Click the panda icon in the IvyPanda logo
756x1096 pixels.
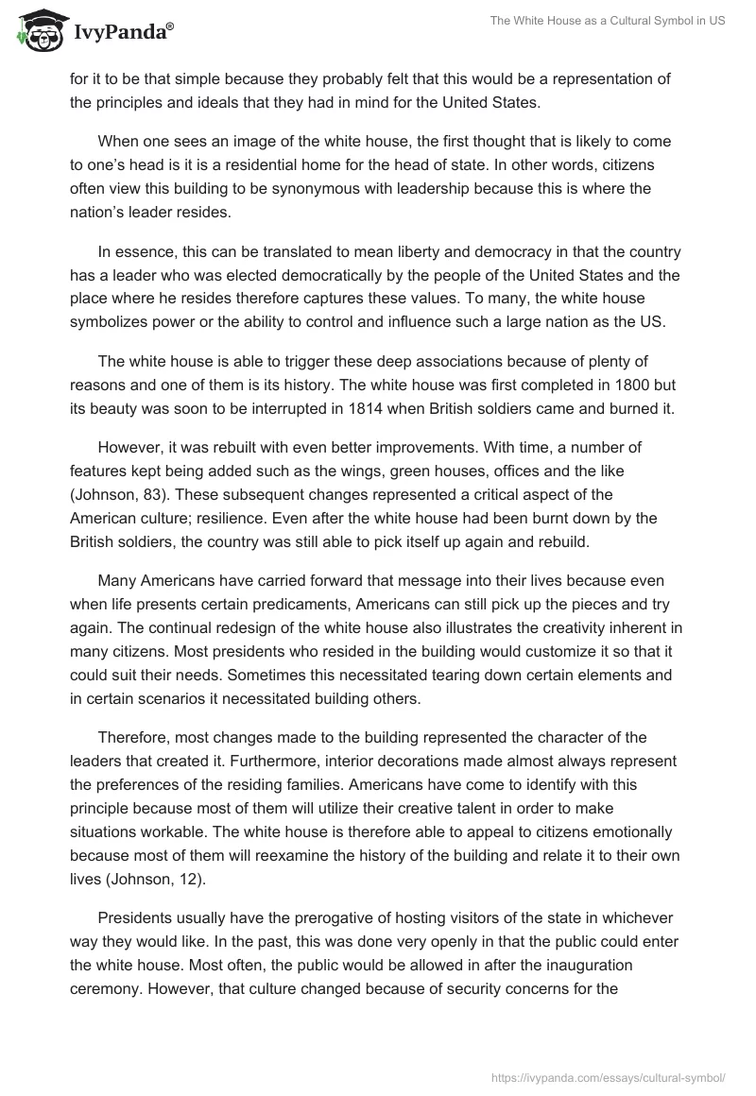coord(35,31)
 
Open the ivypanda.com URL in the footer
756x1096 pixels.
coord(609,1076)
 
